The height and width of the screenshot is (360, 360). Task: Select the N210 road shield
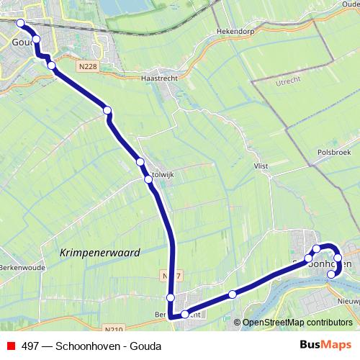[x=112, y=329]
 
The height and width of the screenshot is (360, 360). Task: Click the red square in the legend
[x=9, y=346]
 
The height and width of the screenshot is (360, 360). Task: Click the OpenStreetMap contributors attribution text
[x=297, y=323]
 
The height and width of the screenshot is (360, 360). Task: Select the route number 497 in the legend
[x=30, y=346]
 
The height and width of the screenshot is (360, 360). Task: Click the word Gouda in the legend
[x=146, y=346]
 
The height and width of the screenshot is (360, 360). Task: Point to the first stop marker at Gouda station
[x=20, y=23]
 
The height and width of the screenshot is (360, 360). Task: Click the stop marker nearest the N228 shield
[x=51, y=66]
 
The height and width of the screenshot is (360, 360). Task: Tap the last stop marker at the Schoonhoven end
[x=332, y=274]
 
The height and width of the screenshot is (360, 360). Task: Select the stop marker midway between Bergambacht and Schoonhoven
[x=232, y=294]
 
